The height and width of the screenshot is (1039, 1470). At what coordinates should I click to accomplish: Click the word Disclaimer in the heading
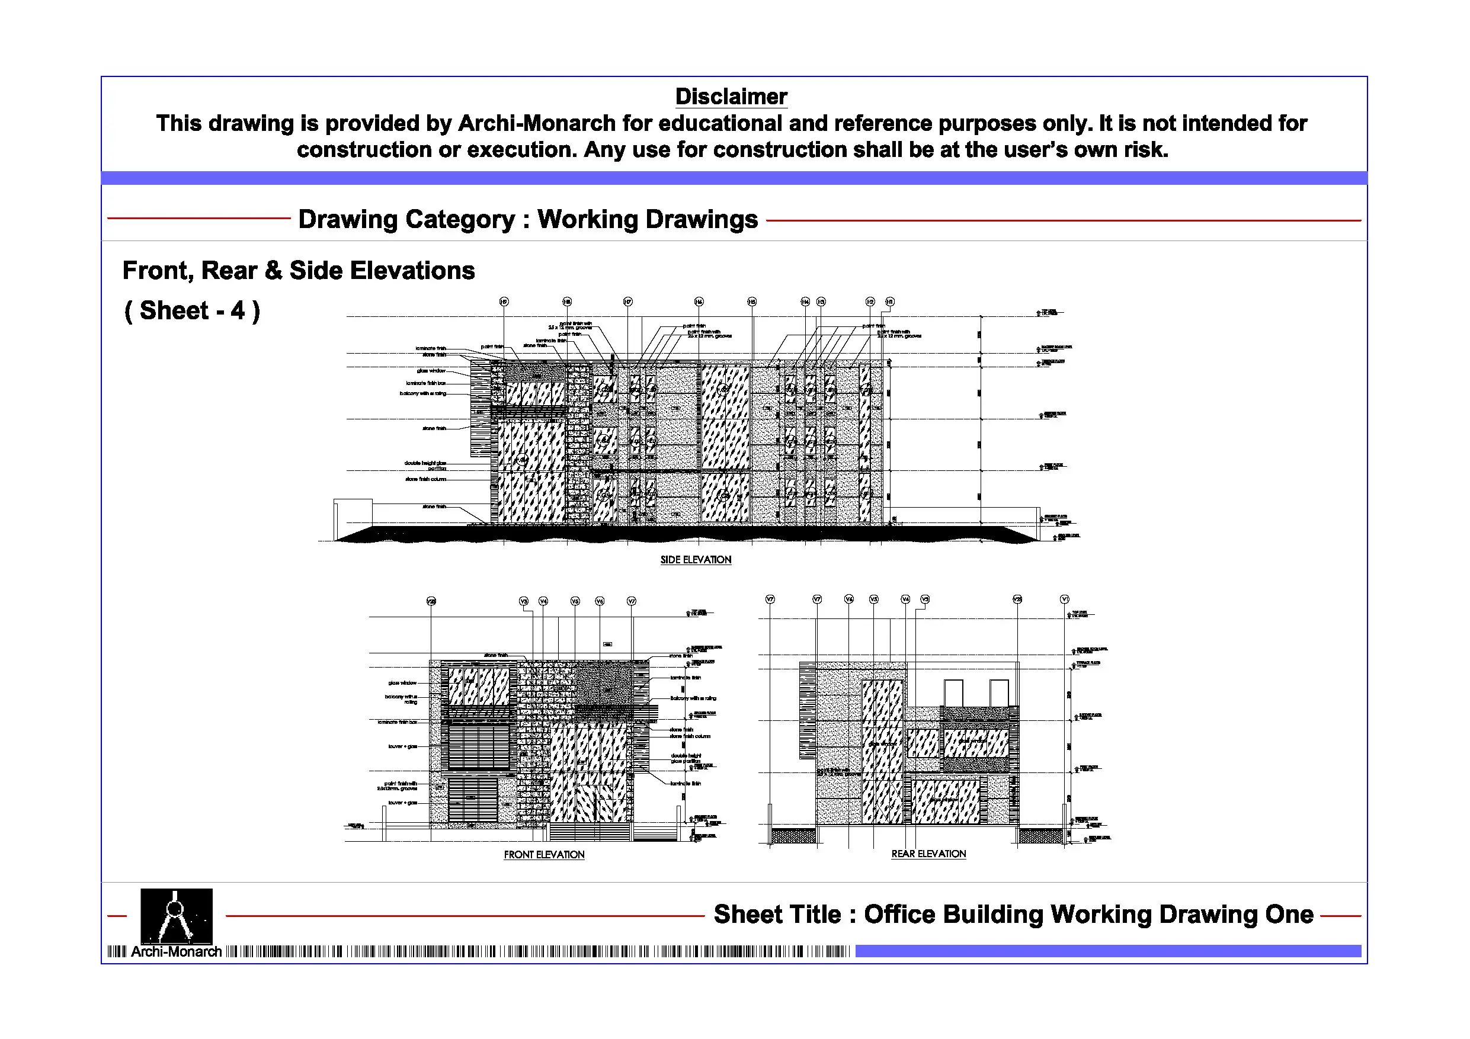point(731,97)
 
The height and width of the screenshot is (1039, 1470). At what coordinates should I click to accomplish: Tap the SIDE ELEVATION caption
point(696,560)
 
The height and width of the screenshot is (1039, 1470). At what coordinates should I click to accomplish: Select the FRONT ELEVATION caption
point(543,855)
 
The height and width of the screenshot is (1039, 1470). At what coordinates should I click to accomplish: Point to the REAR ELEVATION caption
point(928,854)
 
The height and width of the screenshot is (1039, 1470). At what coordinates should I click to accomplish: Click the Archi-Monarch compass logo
point(176,915)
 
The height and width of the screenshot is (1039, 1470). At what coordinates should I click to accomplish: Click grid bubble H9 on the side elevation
point(504,302)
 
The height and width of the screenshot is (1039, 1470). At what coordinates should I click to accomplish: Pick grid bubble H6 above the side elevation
point(699,302)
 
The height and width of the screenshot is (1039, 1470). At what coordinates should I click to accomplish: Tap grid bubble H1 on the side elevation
point(889,302)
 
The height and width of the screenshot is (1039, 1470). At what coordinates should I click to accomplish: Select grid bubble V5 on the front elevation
point(575,601)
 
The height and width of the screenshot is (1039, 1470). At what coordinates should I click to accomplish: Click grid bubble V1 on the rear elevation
point(1064,599)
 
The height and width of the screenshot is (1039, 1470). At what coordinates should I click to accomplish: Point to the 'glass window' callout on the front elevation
point(402,683)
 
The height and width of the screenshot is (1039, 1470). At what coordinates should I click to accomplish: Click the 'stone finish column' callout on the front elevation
point(690,736)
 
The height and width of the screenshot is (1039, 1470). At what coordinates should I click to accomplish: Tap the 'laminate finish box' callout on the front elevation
point(397,722)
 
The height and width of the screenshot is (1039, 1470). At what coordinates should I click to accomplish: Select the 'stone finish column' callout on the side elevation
point(426,479)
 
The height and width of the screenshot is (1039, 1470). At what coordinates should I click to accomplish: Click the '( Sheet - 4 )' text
point(192,311)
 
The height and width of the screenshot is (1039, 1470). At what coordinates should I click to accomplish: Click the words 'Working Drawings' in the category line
point(647,220)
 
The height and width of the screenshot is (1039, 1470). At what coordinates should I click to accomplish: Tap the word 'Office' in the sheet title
point(899,914)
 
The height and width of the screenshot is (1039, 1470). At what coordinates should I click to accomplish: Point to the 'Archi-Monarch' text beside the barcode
point(176,952)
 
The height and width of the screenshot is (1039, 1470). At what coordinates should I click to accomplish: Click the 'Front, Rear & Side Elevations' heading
point(299,271)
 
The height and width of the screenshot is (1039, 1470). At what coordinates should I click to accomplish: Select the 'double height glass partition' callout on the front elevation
point(686,759)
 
